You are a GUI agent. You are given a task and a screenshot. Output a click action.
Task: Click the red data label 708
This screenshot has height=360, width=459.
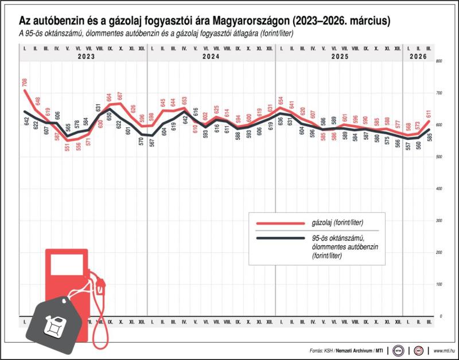(x=25, y=83)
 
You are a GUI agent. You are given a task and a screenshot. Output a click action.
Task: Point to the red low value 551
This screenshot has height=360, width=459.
(x=67, y=146)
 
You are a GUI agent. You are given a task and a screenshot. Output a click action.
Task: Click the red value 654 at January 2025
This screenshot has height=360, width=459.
(x=281, y=101)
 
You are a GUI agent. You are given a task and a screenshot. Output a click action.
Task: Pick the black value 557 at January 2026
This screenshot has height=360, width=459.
(x=408, y=147)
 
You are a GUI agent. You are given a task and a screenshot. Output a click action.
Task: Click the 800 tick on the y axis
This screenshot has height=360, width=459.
(x=439, y=61)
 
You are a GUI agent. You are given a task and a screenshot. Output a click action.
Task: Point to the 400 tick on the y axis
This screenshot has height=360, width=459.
(x=439, y=189)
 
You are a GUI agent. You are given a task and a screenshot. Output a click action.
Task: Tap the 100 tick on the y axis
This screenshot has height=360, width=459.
(x=439, y=284)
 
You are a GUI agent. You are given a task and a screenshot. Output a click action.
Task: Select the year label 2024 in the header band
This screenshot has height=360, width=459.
(x=211, y=57)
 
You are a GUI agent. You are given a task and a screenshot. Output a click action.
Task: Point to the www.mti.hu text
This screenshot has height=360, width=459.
(x=444, y=350)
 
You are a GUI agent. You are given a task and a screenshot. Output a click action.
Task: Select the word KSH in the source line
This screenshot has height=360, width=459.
(x=330, y=350)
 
